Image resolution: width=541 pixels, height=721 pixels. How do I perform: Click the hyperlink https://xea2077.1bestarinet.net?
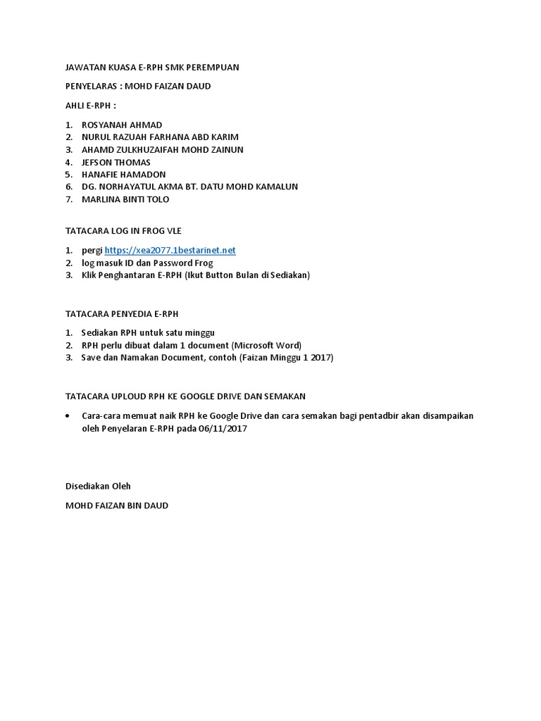click(x=170, y=250)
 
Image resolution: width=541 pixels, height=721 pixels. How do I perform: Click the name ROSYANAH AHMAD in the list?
click(x=122, y=125)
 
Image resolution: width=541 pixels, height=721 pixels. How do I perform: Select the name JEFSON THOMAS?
click(x=116, y=162)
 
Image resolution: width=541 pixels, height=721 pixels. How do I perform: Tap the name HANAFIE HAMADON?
click(x=124, y=174)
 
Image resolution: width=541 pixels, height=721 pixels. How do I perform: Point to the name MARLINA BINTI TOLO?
click(x=125, y=199)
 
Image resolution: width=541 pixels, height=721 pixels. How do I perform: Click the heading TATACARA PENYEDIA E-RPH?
click(x=126, y=313)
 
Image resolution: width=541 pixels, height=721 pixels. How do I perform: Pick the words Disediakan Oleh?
click(x=98, y=486)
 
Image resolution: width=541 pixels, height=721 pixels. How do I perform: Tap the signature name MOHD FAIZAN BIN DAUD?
click(x=117, y=505)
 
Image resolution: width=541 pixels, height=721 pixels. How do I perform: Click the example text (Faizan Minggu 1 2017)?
click(x=286, y=357)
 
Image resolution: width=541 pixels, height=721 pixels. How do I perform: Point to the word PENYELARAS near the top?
click(x=91, y=86)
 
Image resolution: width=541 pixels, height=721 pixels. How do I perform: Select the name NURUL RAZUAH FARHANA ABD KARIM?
click(x=160, y=137)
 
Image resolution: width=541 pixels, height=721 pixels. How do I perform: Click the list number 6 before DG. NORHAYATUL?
click(x=68, y=187)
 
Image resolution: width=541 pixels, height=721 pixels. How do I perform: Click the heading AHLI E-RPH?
click(x=90, y=106)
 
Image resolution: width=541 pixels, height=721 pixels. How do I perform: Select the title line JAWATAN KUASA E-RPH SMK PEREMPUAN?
click(x=152, y=68)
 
